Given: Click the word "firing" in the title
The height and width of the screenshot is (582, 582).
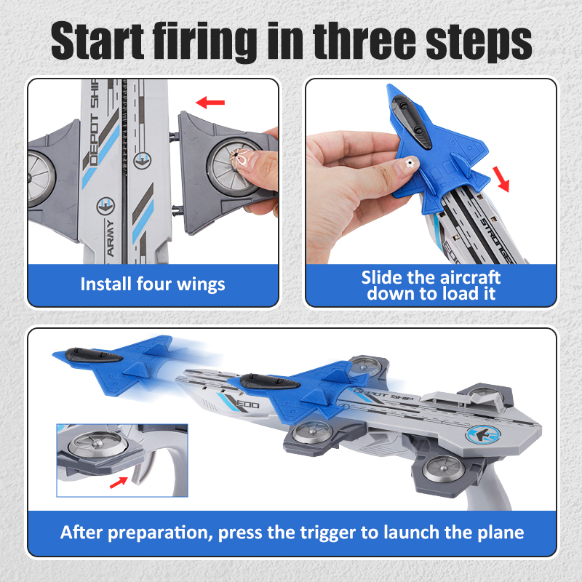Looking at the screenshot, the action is point(205,41).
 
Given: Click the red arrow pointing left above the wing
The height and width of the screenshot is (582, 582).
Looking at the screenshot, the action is point(210,103).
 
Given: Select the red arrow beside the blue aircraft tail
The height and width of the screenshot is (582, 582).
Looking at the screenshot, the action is point(501,179).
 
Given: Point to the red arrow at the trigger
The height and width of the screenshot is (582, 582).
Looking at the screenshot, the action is point(119,482).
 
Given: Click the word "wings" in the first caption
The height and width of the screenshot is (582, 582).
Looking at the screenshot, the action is point(201,285).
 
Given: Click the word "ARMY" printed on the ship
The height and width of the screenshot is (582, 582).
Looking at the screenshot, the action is point(111,238).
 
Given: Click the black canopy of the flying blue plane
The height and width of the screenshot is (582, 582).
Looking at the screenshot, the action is point(94,355).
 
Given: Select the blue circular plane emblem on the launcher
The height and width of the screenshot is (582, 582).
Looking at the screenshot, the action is point(483,434).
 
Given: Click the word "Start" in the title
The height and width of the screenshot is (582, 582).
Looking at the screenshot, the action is point(97,40).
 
